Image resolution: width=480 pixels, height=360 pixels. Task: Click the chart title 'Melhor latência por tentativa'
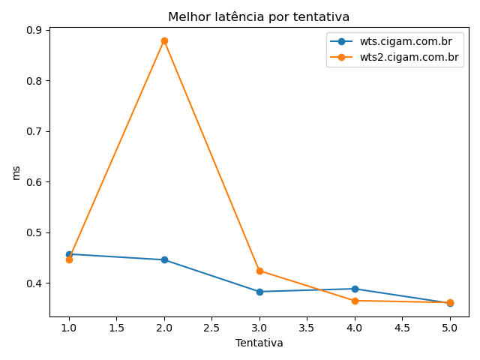coord(259,16)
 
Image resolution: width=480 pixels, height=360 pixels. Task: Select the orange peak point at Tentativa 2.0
coord(164,40)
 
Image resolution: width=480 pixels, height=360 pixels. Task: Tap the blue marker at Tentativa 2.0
coord(164,259)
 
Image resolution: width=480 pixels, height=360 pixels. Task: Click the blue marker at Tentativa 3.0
coord(259,292)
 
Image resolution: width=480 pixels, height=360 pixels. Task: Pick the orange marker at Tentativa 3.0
coord(259,271)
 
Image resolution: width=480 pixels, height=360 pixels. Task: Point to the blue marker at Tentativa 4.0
coord(355,289)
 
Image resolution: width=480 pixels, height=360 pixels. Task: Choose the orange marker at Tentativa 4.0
coord(355,301)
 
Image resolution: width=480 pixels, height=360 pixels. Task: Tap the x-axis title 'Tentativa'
coord(259,343)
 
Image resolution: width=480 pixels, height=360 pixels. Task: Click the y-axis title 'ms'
coord(16,172)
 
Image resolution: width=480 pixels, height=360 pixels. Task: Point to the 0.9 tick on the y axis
coord(35,30)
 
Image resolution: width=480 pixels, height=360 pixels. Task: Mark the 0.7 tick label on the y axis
coord(35,131)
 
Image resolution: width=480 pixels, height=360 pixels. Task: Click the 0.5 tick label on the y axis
coord(35,232)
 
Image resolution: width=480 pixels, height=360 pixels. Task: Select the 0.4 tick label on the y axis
coord(35,283)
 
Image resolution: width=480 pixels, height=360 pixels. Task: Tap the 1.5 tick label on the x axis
coord(116,328)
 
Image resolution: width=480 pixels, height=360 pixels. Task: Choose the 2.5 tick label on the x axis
coord(211,328)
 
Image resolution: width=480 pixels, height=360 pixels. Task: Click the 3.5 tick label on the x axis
coord(307,328)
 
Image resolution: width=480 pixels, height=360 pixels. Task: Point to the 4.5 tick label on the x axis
coord(402,328)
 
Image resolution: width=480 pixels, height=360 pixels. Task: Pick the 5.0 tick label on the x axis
coord(450,328)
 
